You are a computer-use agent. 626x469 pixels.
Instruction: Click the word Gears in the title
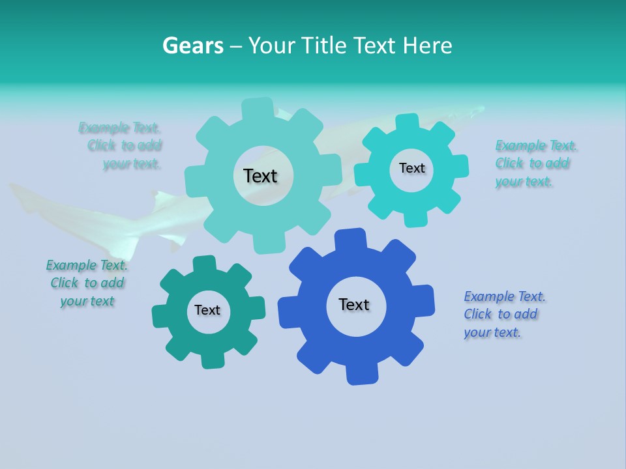coord(192,46)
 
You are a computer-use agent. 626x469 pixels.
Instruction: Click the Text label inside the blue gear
coord(354,305)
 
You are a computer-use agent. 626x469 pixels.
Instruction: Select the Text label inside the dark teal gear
coord(207,311)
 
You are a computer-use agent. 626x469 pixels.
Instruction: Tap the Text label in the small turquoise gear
coord(411,168)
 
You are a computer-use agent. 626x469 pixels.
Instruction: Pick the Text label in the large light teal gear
coord(260,176)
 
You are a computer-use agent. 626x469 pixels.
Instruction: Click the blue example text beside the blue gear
coord(503,315)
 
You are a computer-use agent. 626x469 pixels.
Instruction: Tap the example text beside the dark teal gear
coord(87,283)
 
